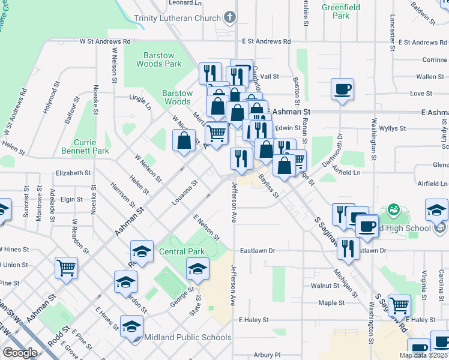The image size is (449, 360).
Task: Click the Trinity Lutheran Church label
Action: point(177,18)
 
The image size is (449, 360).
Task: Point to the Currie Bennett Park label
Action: point(85,146)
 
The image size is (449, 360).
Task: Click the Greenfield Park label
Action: point(336,11)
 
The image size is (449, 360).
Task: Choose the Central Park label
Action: point(182,251)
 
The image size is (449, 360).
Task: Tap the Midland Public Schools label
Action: point(187,337)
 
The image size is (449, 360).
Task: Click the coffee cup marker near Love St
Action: point(343,89)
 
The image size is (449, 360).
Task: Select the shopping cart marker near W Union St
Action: point(66,267)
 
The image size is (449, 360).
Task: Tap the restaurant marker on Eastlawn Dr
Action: point(349,247)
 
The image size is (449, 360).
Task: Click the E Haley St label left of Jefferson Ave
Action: point(253,320)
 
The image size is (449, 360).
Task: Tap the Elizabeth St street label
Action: point(73,173)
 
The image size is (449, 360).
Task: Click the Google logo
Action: point(20,352)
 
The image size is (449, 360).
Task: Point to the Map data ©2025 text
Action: point(423,355)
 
